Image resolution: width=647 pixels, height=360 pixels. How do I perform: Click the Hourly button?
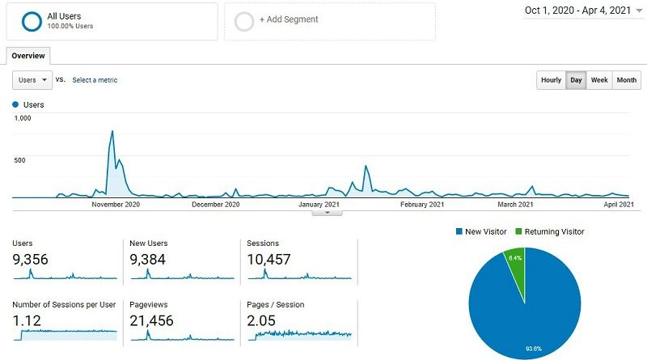pyautogui.click(x=551, y=80)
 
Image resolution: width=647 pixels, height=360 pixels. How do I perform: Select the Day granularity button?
pyautogui.click(x=576, y=80)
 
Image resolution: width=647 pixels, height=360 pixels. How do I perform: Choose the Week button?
pyautogui.click(x=599, y=80)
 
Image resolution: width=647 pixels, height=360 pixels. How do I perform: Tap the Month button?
pyautogui.click(x=626, y=80)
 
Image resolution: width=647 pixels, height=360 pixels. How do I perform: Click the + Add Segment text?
pyautogui.click(x=289, y=19)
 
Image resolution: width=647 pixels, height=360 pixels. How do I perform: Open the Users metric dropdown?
pyautogui.click(x=32, y=80)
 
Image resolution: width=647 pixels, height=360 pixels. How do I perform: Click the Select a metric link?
pyautogui.click(x=95, y=80)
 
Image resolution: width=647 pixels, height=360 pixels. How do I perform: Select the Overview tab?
pyautogui.click(x=27, y=56)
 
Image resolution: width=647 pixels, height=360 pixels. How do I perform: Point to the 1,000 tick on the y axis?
pyautogui.click(x=22, y=118)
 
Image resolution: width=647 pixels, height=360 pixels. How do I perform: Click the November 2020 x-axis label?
pyautogui.click(x=115, y=205)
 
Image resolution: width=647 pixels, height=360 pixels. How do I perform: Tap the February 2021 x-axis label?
pyautogui.click(x=422, y=205)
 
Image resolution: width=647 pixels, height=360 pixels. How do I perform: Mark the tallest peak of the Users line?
pyautogui.click(x=112, y=132)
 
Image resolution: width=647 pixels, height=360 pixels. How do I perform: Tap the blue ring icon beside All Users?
pyautogui.click(x=32, y=21)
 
